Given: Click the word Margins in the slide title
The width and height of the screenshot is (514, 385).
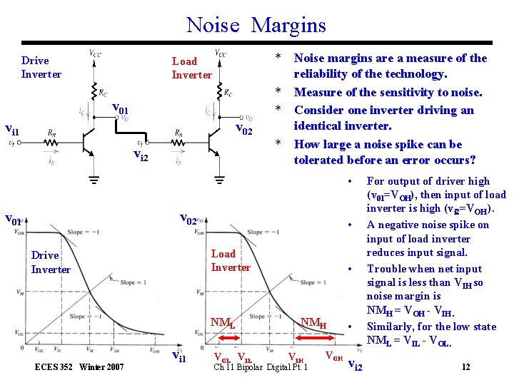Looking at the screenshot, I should (288, 26).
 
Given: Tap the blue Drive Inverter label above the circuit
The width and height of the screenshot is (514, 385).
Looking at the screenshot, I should (41, 68).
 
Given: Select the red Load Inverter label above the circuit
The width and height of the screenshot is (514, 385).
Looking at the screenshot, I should (191, 68).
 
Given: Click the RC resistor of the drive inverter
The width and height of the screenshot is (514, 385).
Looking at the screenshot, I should (94, 91).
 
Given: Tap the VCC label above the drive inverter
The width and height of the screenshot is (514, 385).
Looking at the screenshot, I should (95, 52).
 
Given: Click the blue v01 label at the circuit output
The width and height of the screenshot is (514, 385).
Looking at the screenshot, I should (121, 109).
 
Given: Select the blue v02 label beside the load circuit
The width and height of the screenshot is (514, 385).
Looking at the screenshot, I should (243, 130).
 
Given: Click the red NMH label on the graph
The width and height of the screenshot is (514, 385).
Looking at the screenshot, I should (313, 324).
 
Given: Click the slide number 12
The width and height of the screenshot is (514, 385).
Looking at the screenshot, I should (465, 366).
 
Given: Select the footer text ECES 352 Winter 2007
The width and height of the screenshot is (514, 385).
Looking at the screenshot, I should (79, 367).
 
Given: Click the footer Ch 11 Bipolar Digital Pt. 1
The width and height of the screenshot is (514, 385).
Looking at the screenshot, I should (261, 367).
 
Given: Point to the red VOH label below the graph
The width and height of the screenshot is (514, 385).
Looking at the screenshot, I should (333, 355).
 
